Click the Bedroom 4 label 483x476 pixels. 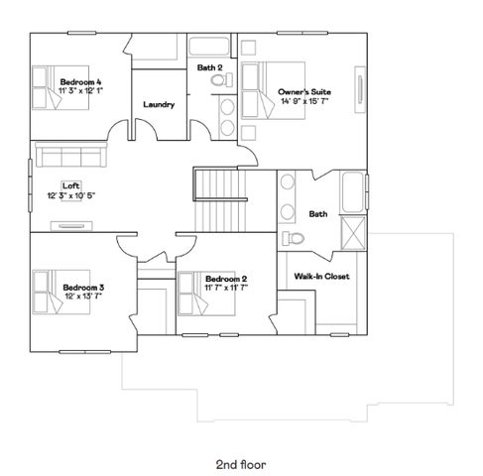coord(78,81)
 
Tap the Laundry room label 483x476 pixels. coord(159,104)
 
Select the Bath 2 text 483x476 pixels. coord(208,67)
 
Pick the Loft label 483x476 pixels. coord(69,184)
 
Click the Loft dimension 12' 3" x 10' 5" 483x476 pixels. coord(69,195)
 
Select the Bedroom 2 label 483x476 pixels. coord(226,280)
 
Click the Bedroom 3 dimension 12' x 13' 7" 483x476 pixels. coord(84,297)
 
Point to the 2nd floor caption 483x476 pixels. coord(241,435)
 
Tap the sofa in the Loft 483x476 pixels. coord(69,154)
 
